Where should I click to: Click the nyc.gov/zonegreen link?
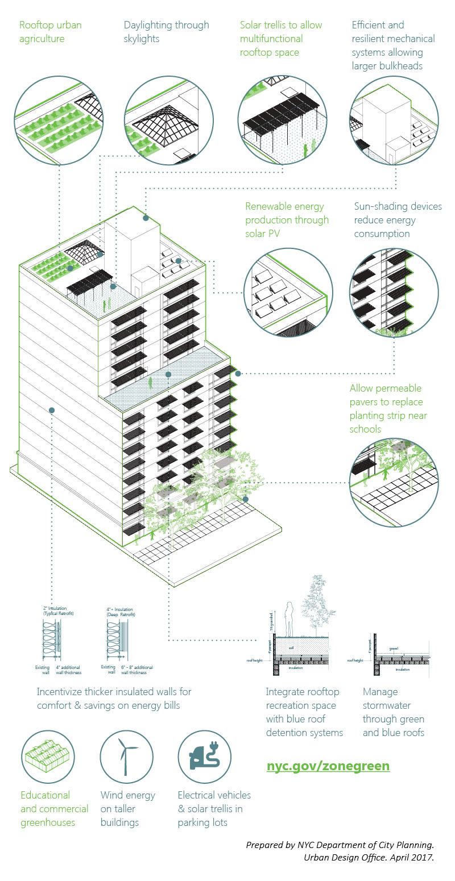click(328, 765)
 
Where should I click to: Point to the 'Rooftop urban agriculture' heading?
click(50, 32)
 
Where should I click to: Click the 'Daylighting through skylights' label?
click(166, 32)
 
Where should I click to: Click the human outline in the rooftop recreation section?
click(288, 620)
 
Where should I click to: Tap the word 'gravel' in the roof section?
click(393, 647)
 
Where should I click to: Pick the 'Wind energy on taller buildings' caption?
click(127, 809)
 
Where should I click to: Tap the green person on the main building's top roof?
click(105, 305)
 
